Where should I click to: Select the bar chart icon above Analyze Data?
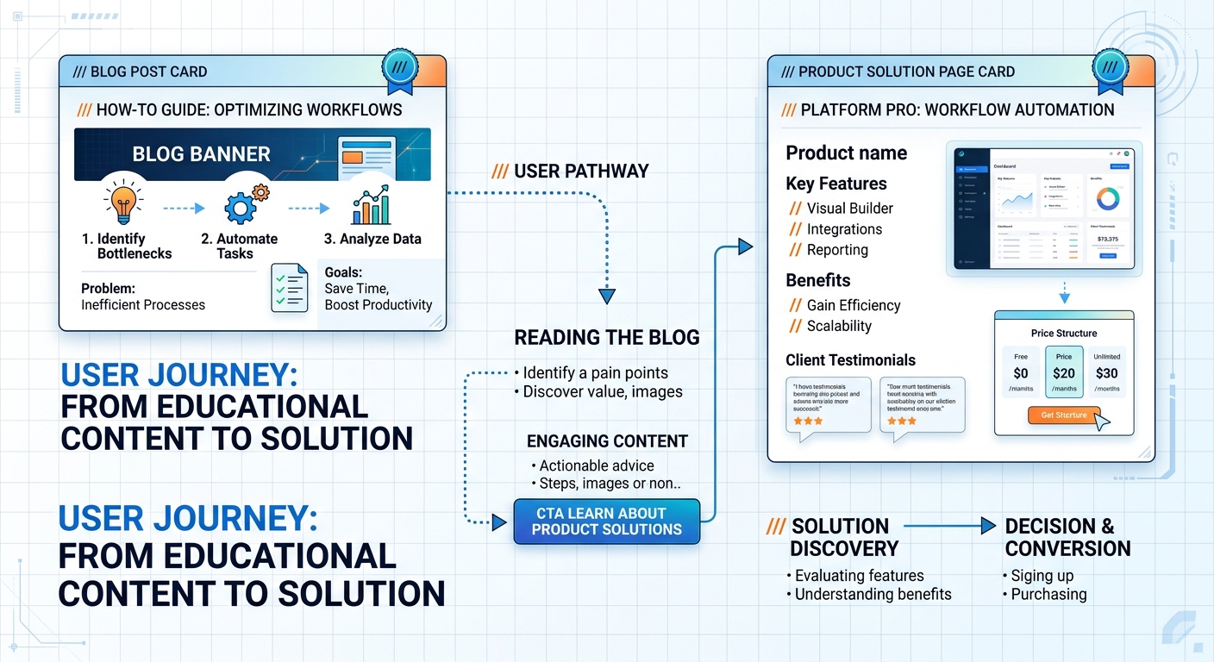pyautogui.click(x=372, y=205)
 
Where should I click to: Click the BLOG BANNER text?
pyautogui.click(x=201, y=154)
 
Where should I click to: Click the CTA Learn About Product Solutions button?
pyautogui.click(x=606, y=521)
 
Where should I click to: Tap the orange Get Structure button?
pyautogui.click(x=1064, y=415)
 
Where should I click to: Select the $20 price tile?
pyautogui.click(x=1063, y=372)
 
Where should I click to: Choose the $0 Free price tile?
pyautogui.click(x=1021, y=372)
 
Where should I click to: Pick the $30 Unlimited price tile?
pyautogui.click(x=1106, y=372)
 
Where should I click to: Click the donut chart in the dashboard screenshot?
pyautogui.click(x=1107, y=198)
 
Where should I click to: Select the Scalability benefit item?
pyautogui.click(x=838, y=326)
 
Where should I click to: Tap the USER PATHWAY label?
pyautogui.click(x=570, y=171)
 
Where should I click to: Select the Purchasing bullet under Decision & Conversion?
pyautogui.click(x=1048, y=594)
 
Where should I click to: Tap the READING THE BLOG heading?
pyautogui.click(x=606, y=338)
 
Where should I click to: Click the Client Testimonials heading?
pyautogui.click(x=850, y=360)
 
